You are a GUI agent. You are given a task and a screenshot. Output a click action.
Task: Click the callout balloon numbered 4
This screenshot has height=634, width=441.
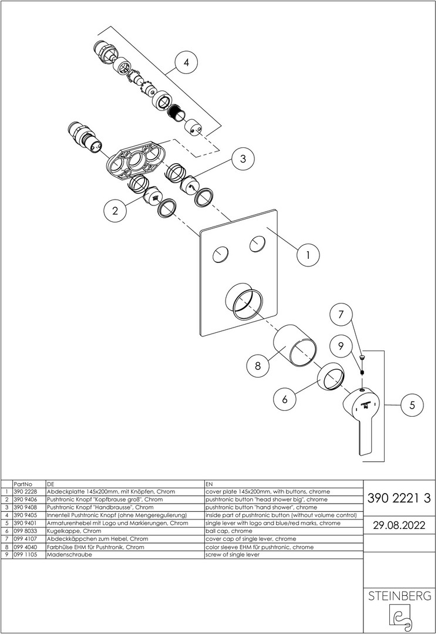(186, 63)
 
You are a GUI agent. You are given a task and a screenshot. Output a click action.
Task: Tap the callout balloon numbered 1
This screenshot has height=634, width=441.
(308, 255)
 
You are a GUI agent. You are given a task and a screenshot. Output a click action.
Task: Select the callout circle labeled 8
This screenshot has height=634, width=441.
(258, 366)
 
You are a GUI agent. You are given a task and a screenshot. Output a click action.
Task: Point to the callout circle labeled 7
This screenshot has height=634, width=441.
(341, 313)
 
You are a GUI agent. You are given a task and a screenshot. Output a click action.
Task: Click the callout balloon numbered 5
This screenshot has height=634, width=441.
(412, 404)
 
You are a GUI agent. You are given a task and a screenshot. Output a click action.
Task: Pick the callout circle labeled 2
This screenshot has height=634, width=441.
(116, 211)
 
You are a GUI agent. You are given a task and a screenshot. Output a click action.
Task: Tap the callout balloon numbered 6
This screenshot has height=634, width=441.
(284, 399)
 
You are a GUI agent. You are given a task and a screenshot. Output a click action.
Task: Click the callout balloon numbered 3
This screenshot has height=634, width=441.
(243, 158)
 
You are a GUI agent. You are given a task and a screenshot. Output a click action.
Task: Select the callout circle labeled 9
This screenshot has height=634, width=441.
(341, 346)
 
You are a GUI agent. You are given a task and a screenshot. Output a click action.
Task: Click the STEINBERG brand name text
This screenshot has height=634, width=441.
(399, 596)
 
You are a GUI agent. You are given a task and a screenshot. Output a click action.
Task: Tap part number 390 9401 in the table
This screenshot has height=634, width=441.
(25, 523)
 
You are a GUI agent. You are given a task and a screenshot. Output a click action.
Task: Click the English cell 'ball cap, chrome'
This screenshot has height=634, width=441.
(229, 531)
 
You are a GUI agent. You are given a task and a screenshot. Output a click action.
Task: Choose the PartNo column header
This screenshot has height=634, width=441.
(23, 484)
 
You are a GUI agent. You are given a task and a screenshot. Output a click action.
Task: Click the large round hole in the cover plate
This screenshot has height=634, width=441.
(244, 302)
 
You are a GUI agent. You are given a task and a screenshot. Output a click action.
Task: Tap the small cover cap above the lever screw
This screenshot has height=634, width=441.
(362, 357)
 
